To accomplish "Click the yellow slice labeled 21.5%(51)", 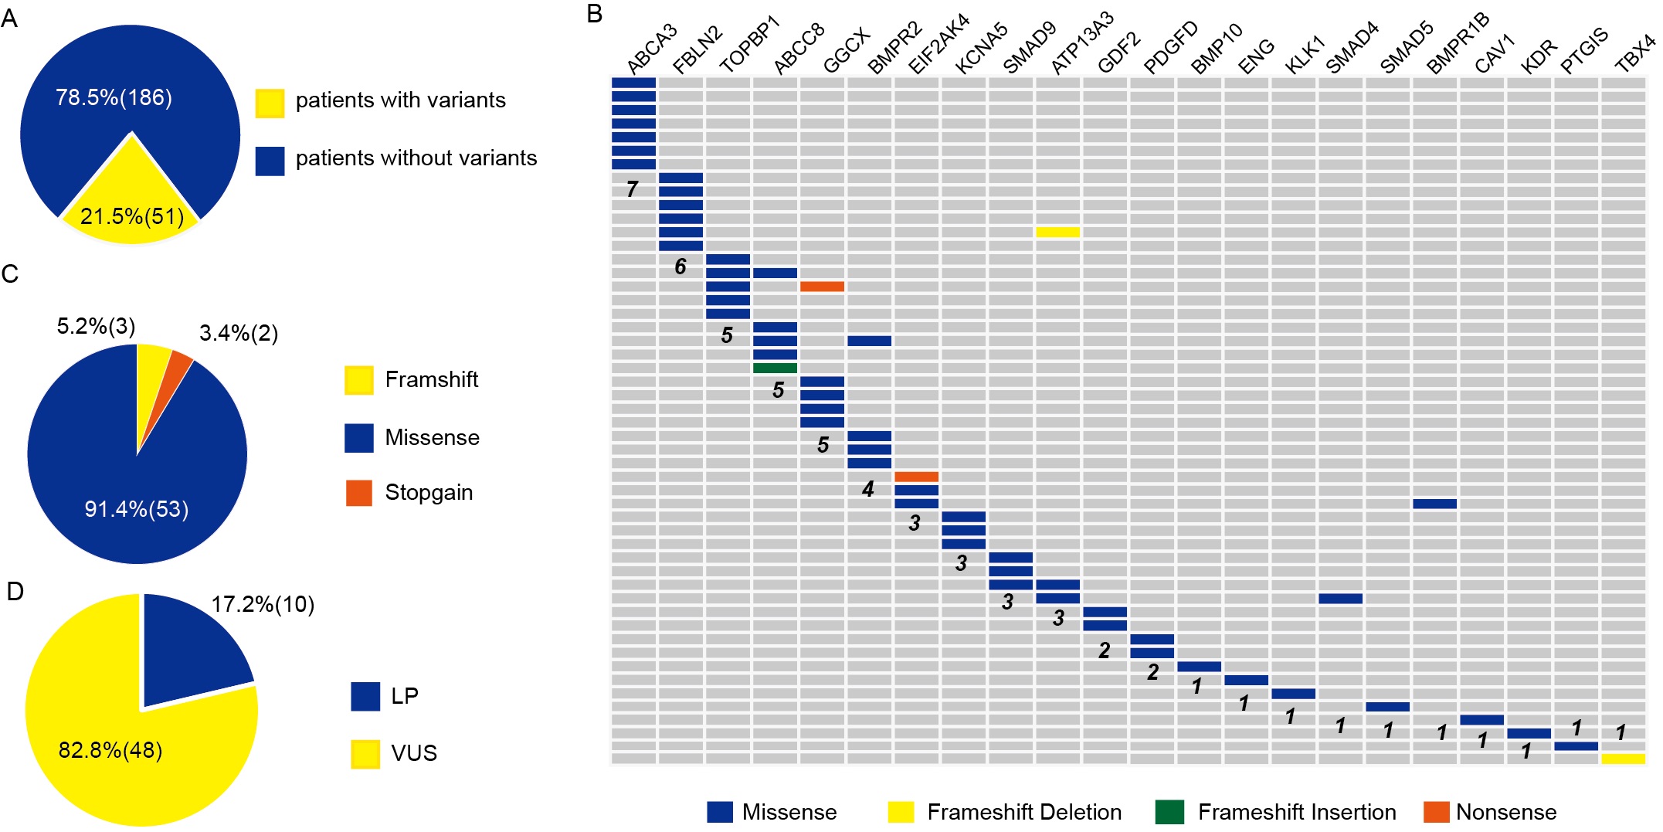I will coord(131,209).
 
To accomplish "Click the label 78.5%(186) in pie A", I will coord(114,98).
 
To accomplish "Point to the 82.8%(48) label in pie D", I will coord(110,750).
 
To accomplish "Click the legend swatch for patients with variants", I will coord(270,103).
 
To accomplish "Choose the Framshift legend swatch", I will coord(359,380).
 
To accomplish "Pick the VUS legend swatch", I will coord(365,754).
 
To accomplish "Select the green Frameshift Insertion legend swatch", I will coord(1169,812).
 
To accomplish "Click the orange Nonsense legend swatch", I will coord(1437,812).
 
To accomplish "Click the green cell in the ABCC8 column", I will coord(775,368).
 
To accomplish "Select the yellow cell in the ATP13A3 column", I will coord(1057,233).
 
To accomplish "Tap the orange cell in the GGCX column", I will coord(822,287).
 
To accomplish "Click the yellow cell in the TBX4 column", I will coord(1623,759).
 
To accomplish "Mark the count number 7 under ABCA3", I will coord(633,189).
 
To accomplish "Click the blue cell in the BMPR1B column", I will coord(1434,504).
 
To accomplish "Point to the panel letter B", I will coord(595,14).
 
